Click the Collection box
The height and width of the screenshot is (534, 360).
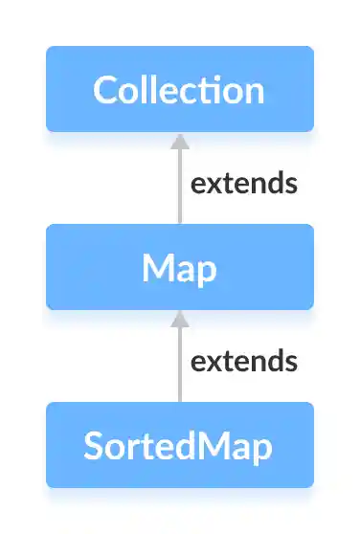[x=180, y=89]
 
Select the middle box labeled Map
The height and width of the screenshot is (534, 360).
[x=180, y=267]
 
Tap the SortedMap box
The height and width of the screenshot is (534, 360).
[x=180, y=445]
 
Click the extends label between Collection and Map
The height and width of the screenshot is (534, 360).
[x=244, y=184]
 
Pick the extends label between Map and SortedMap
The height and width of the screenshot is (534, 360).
[x=244, y=362]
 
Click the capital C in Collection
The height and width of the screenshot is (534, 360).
[x=105, y=90]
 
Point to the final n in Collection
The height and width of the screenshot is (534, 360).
[x=254, y=91]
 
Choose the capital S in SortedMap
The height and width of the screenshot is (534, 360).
[x=94, y=446]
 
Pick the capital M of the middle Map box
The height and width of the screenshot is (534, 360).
[x=157, y=267]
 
